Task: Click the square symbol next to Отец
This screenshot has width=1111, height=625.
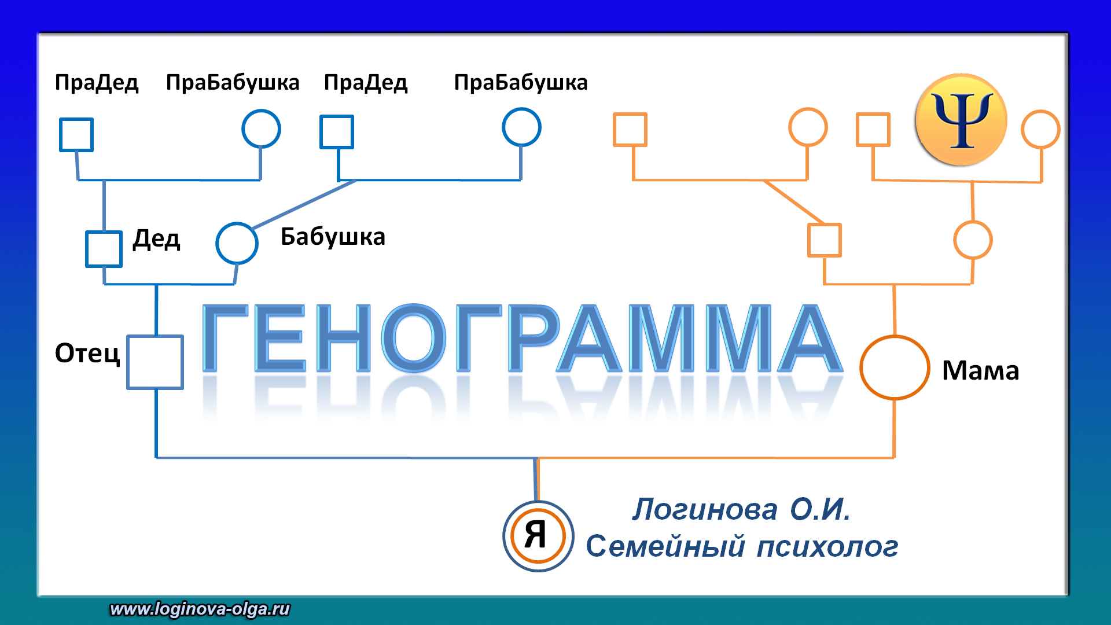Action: point(155,362)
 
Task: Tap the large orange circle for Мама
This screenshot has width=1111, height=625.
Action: point(895,367)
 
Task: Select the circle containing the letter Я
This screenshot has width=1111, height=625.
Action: point(538,536)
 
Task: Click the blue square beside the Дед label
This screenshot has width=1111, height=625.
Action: point(104,249)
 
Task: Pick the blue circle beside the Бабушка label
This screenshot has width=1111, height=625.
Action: point(237,243)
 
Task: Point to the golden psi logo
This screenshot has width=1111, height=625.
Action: point(961,120)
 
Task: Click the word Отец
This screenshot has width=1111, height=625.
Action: point(87,353)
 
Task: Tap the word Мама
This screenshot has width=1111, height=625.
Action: point(980,371)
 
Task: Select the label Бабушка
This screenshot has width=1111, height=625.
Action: point(333,237)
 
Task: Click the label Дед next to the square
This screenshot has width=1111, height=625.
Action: point(156,239)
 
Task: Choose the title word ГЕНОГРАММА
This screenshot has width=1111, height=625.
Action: point(521,339)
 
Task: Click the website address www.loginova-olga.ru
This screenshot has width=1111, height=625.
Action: point(200,609)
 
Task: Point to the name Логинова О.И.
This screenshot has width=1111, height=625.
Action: point(741,510)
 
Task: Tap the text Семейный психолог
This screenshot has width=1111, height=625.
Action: point(742,546)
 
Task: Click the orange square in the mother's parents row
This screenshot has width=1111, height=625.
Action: point(824,240)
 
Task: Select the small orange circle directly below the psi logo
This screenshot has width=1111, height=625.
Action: point(973,240)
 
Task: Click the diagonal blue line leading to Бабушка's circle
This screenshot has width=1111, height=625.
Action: point(304,204)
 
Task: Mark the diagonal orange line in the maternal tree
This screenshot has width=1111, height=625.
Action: point(794,201)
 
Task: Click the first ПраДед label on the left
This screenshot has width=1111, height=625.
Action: point(97,83)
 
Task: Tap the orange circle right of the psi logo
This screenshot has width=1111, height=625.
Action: point(1040,129)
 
